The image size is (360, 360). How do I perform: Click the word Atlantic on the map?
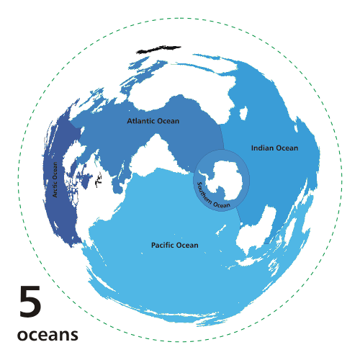[140, 121]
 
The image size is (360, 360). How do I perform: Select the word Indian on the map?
[263, 148]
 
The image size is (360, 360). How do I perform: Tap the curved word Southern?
[203, 193]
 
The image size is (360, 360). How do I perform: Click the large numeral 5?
[30, 303]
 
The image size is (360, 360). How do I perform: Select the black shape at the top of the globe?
[151, 50]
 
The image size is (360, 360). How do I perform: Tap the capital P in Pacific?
[153, 246]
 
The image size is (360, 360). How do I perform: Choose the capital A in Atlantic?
[130, 121]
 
